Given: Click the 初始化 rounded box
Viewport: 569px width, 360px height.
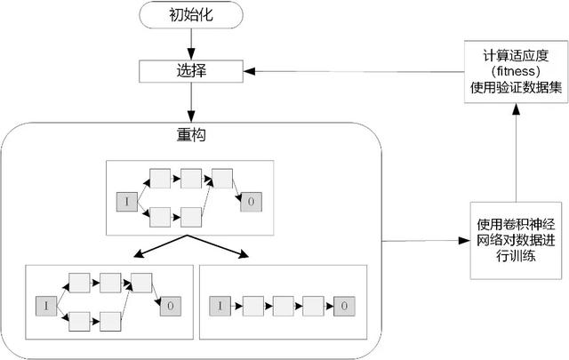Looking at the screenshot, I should [191, 17].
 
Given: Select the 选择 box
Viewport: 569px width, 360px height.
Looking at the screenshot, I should [190, 70].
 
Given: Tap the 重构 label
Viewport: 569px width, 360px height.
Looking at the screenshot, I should [191, 136].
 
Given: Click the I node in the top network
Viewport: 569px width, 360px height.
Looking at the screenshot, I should [126, 203].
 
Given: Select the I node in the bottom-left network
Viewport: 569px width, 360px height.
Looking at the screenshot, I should [44, 306].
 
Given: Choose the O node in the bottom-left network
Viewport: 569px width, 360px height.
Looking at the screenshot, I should [169, 306].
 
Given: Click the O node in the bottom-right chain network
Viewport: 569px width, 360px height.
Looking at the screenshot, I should [344, 306].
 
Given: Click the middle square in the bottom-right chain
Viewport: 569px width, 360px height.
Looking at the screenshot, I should [282, 306].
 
